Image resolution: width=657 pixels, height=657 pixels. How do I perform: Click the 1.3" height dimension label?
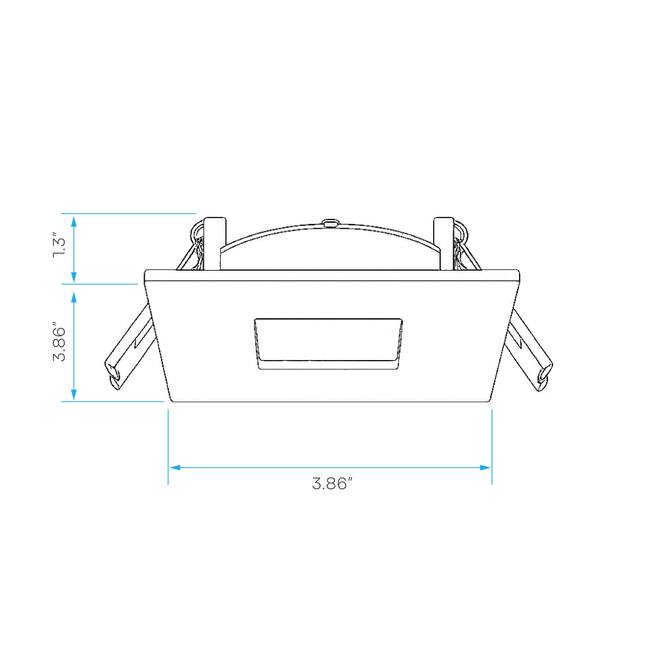pos(59,244)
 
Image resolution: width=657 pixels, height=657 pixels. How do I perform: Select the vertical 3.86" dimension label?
pos(59,342)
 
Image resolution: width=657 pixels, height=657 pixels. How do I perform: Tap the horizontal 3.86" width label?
pos(332,484)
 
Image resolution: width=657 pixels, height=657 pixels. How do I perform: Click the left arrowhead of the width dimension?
pos(175,467)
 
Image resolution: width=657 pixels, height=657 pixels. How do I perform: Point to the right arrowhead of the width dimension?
pos(486,467)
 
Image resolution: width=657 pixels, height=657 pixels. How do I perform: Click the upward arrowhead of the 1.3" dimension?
pos(74,221)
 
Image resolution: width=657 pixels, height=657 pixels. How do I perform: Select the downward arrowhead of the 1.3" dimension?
pos(74,277)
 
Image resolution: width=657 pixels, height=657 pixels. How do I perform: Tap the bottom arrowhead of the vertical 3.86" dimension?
pos(74,395)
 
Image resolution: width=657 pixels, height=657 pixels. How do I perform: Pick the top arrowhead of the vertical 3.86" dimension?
pos(74,297)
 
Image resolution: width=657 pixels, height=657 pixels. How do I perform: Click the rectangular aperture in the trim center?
pos(328,344)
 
